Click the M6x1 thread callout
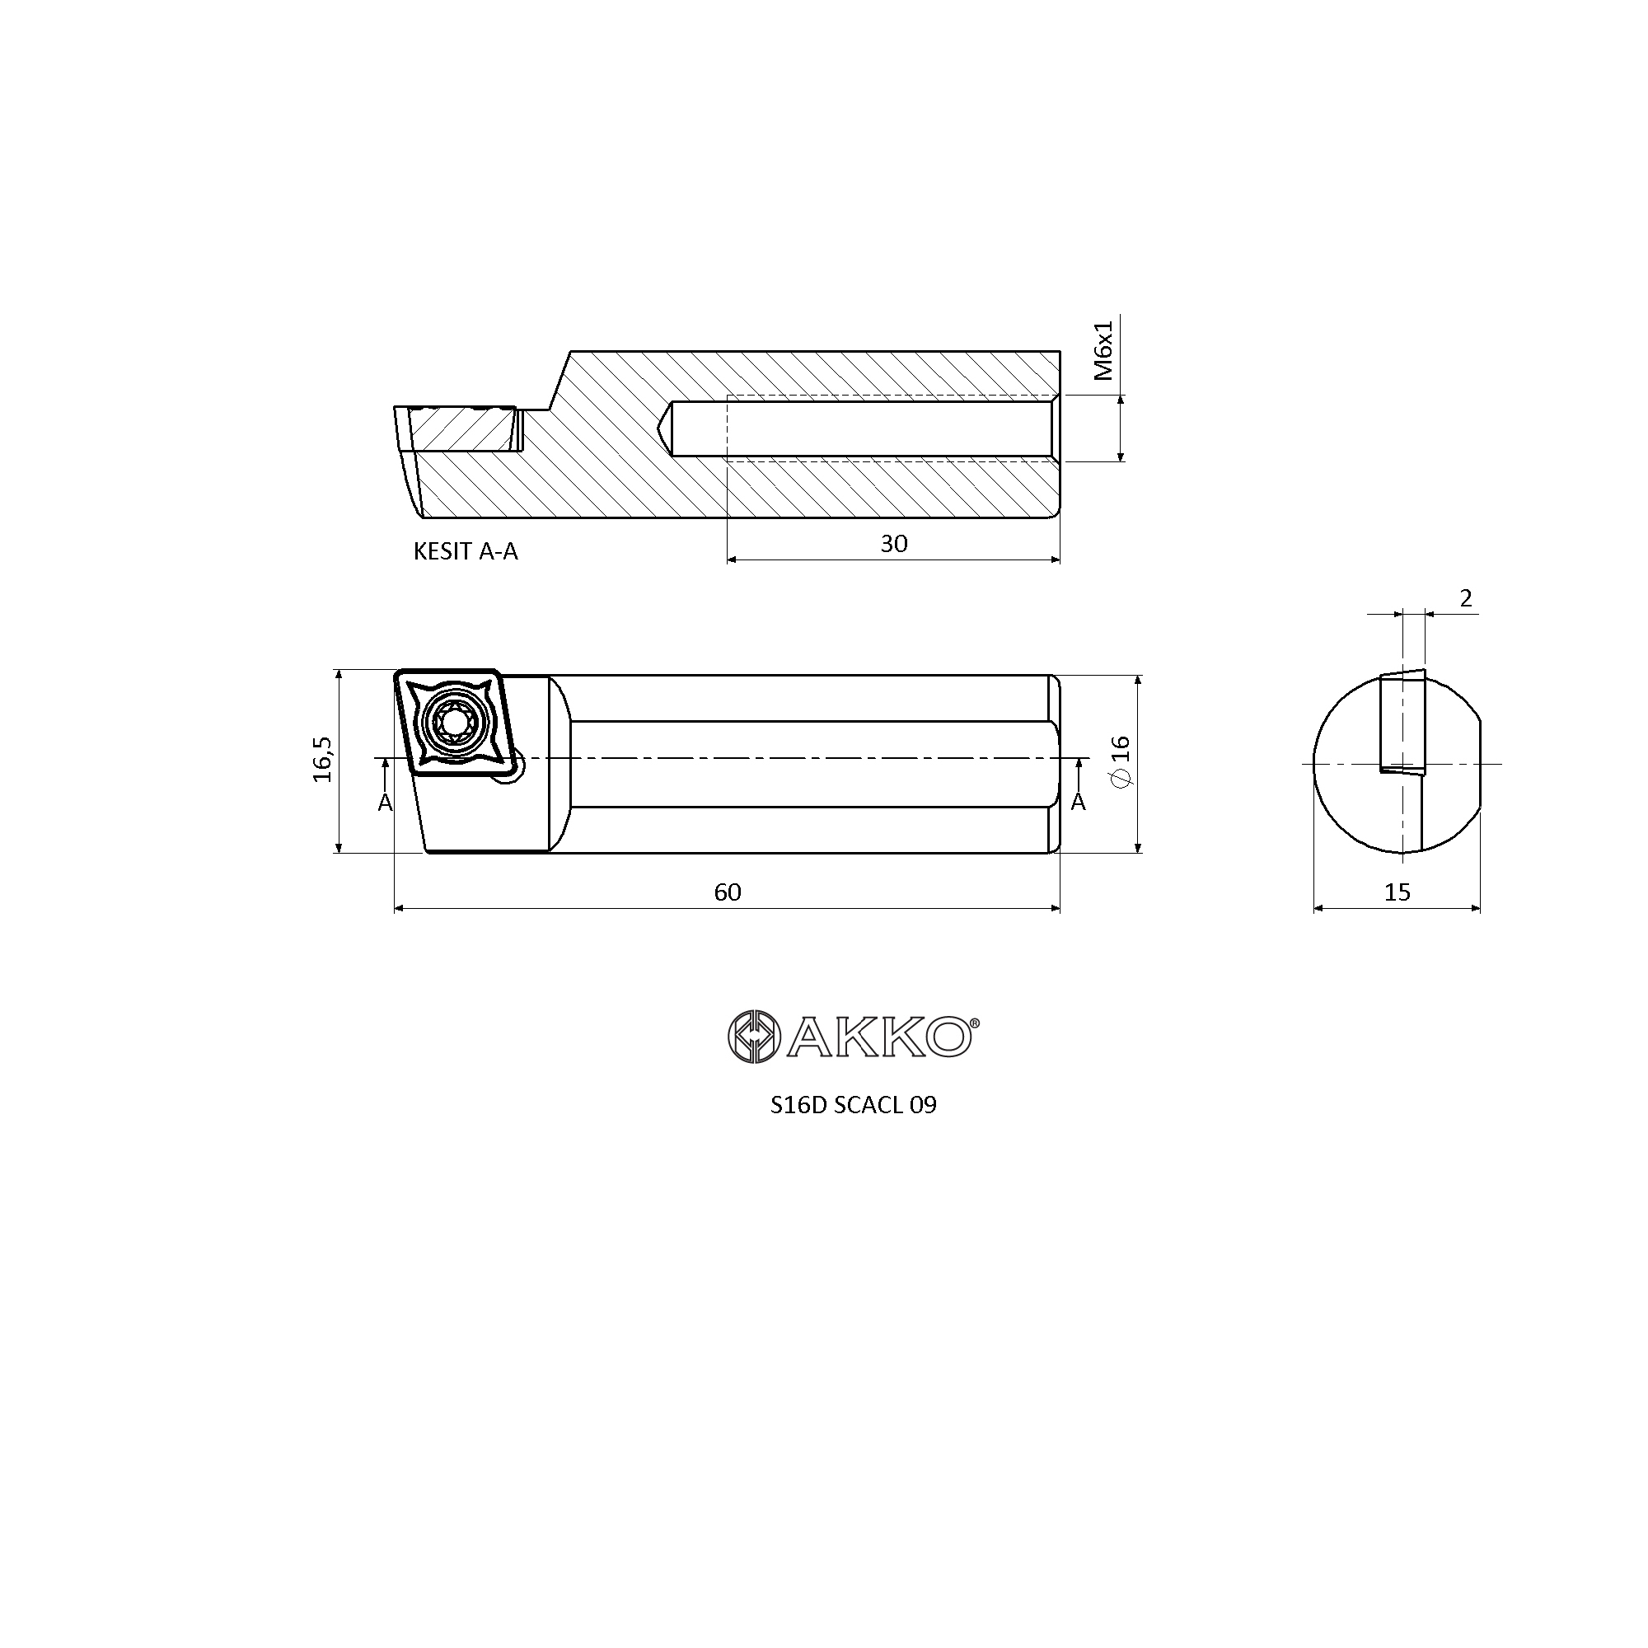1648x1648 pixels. coord(1104,350)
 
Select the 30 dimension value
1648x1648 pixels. coord(894,543)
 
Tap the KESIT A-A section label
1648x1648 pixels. coord(466,551)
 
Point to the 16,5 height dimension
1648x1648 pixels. coord(323,759)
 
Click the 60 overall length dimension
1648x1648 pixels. coord(728,892)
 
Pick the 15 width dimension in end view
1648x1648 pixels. coord(1398,892)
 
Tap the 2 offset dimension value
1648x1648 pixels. coord(1467,599)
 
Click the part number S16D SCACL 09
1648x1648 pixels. coord(853,1106)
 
